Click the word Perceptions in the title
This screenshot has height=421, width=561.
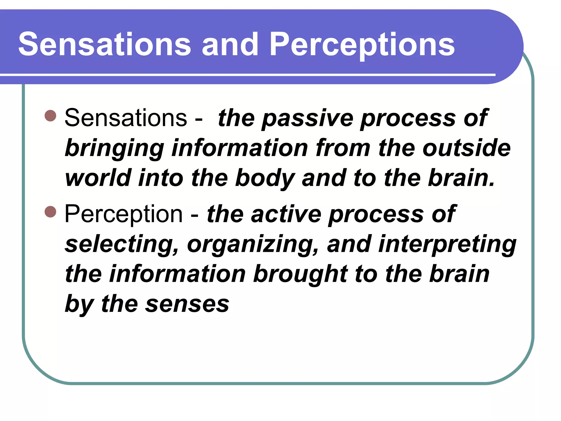[362, 44]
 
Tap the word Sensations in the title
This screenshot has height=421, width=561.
[105, 44]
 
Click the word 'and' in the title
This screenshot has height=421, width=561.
[230, 44]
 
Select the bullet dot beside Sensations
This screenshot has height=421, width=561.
[50, 116]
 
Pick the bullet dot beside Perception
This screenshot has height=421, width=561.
[50, 212]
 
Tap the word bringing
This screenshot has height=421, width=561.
[114, 149]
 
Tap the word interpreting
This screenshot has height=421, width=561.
[447, 244]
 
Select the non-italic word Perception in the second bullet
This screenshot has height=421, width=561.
[124, 214]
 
